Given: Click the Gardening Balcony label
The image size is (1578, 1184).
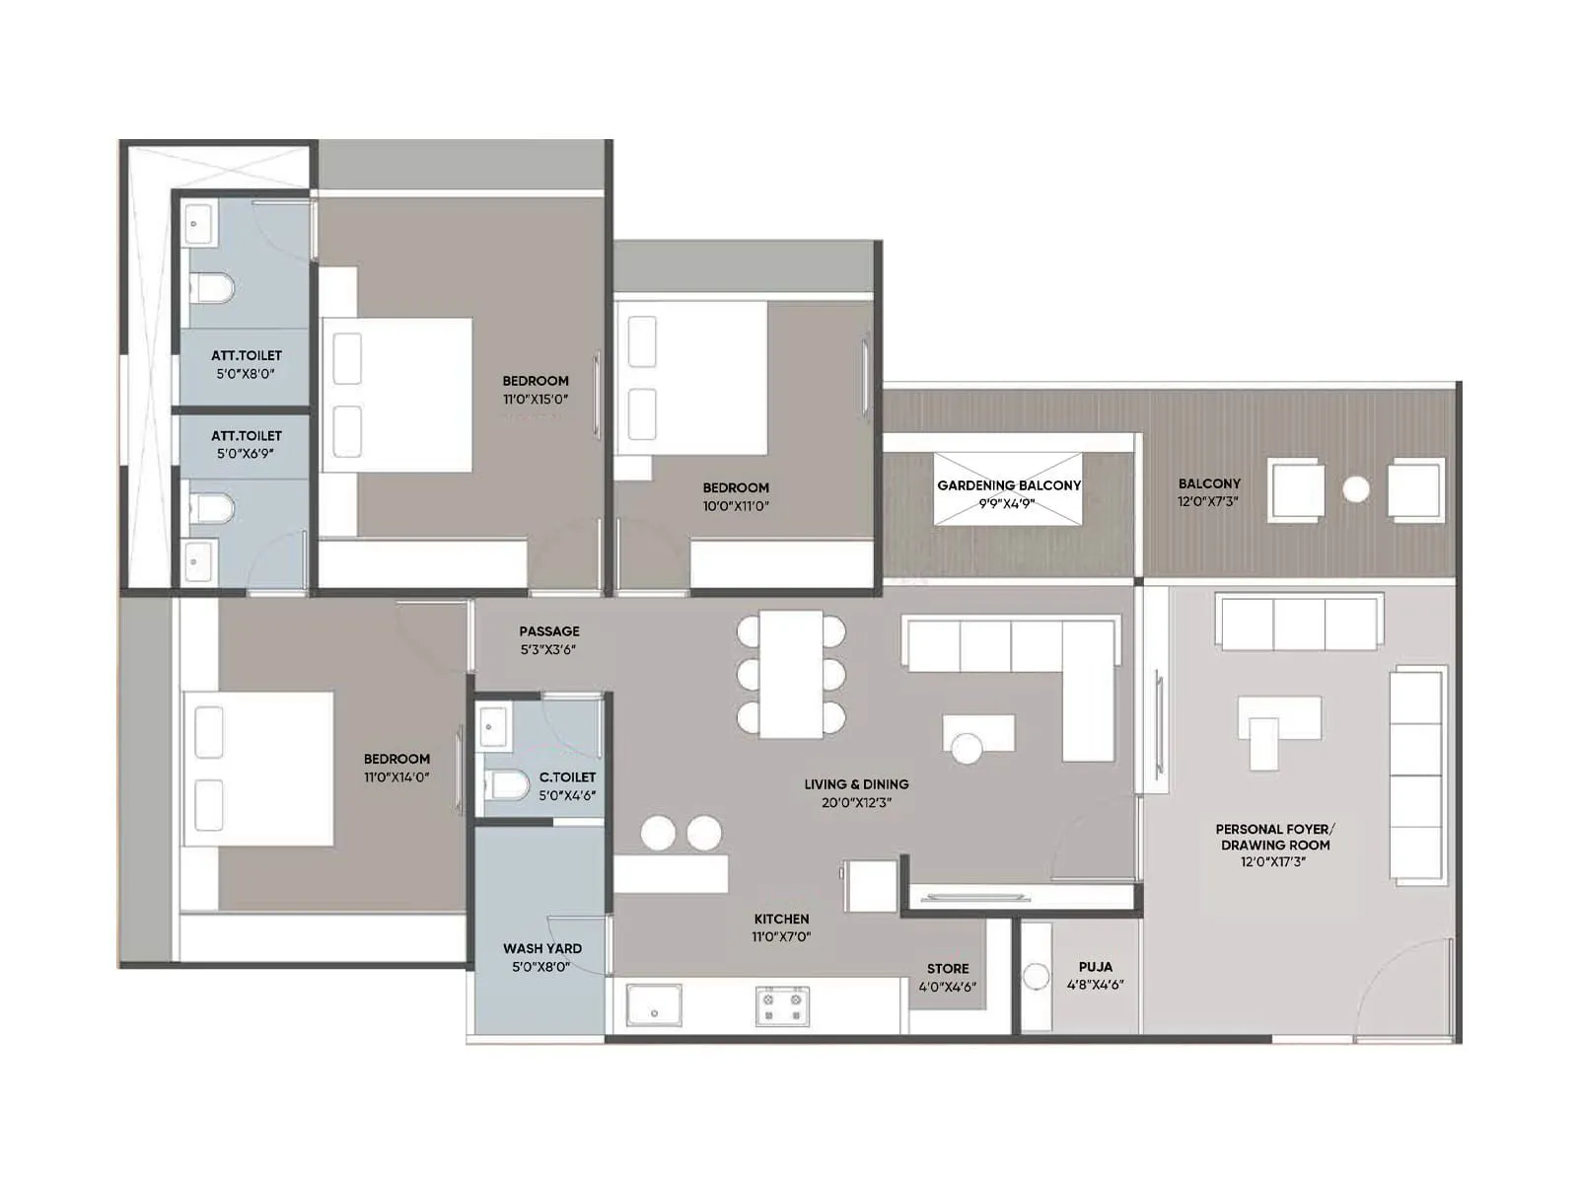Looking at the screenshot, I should tap(1008, 485).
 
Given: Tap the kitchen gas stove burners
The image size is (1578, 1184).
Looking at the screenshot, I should tap(782, 1006).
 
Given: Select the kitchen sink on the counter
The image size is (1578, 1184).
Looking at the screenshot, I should tap(654, 1005).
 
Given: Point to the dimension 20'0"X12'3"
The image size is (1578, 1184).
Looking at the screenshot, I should tap(856, 803).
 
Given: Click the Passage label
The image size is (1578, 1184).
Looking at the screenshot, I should tap(549, 631).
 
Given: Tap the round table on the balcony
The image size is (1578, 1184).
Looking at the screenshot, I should tap(1356, 489).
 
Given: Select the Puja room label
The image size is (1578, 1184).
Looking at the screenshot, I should tap(1095, 967).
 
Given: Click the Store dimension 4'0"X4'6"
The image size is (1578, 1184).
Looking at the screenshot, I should tap(947, 986).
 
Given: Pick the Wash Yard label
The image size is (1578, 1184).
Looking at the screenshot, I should tap(541, 948).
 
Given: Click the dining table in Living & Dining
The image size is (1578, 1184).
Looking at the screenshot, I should tap(791, 674).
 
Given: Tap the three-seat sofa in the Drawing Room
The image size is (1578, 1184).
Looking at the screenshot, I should tap(1299, 623).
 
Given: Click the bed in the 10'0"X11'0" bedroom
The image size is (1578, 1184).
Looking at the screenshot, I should tap(690, 378).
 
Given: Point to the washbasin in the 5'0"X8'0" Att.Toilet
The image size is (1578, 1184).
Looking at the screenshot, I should tap(197, 225).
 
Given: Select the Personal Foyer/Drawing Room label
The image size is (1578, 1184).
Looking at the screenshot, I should tap(1274, 837).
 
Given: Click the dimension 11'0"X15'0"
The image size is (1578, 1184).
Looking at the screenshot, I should tap(536, 400).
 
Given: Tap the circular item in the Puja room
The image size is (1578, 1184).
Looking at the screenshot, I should tap(1036, 977).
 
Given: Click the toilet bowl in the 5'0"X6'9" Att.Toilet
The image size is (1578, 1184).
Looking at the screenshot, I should tap(212, 509).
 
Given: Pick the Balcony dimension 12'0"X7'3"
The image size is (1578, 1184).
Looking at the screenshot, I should tap(1208, 501).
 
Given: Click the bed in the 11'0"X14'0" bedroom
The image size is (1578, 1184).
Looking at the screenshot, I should tap(259, 769).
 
